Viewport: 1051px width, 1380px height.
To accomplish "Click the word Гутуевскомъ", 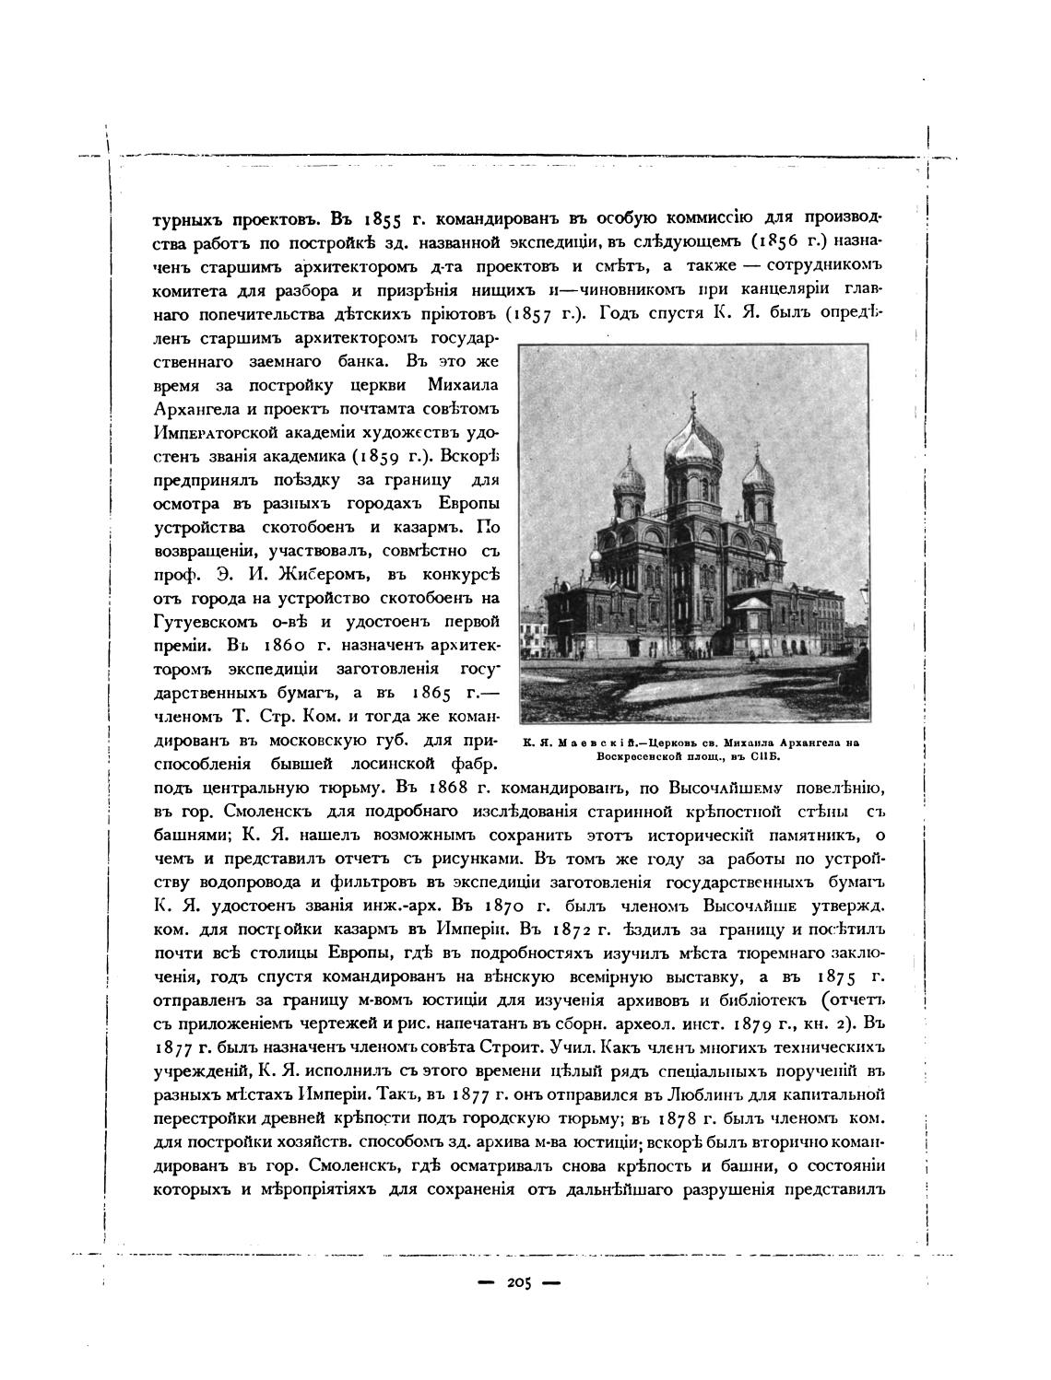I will pos(204,622).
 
